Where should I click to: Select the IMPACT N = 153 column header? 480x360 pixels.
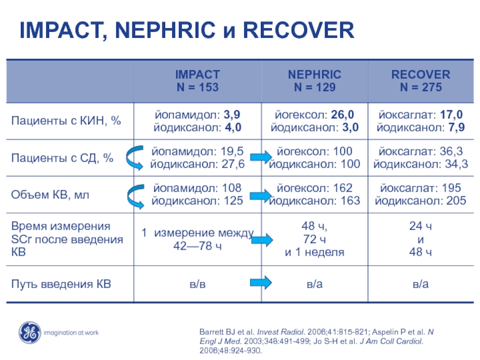click(197, 81)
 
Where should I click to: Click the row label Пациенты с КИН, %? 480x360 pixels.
click(66, 121)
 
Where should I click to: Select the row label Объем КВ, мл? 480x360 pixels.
click(51, 194)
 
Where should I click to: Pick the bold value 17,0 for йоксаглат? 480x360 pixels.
click(450, 115)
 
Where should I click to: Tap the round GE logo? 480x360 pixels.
click(29, 332)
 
